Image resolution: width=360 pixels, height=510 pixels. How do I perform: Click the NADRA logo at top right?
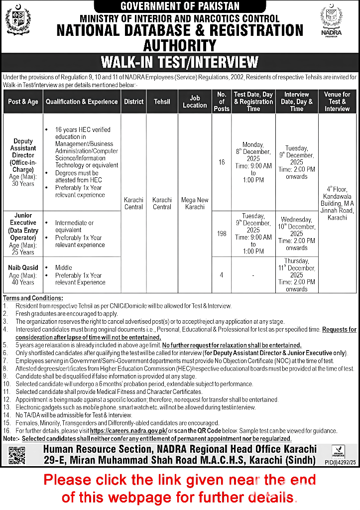(331, 20)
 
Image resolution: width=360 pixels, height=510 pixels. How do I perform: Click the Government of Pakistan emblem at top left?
(18, 20)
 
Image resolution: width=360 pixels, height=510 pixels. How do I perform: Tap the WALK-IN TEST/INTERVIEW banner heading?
(180, 62)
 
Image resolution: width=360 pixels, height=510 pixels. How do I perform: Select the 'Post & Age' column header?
(23, 102)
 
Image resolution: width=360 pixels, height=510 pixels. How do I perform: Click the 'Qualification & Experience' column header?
(82, 102)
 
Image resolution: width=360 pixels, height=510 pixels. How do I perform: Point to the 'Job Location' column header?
(195, 102)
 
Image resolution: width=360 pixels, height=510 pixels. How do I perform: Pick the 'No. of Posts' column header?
(222, 102)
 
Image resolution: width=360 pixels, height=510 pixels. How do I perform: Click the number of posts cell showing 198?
(222, 234)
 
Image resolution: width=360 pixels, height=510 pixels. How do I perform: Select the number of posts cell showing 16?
(222, 162)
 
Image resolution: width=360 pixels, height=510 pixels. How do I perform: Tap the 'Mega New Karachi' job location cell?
(195, 203)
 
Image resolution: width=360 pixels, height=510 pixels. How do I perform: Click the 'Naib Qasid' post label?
(23, 267)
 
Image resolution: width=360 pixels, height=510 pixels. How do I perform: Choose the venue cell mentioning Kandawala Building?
(338, 203)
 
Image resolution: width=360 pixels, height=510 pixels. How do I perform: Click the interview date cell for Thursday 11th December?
(297, 274)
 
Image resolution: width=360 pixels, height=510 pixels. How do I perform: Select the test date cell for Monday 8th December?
(253, 162)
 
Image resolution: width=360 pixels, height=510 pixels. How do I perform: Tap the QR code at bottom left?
(16, 455)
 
